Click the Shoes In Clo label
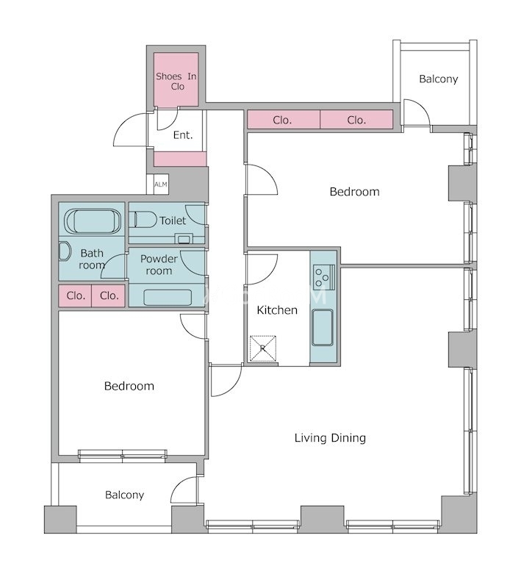(176, 82)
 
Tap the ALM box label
(161, 184)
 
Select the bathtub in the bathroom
(93, 221)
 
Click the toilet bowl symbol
(143, 219)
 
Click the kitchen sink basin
(322, 328)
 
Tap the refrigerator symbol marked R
(263, 348)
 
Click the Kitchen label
(277, 310)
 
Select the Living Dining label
(330, 437)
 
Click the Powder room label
(159, 265)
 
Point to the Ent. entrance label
(183, 135)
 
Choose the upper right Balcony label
(438, 79)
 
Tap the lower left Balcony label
(124, 495)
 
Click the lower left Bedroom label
(129, 386)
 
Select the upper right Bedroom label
(354, 192)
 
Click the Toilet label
(173, 220)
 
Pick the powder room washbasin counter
(168, 298)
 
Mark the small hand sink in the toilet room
(184, 238)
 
